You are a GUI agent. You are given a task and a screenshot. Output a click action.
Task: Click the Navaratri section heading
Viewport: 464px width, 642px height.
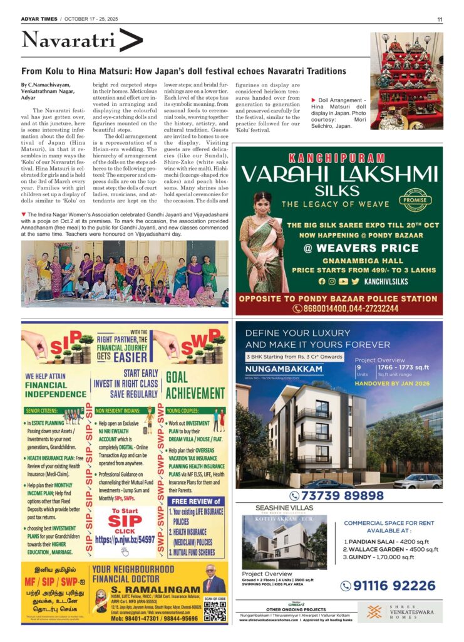[68, 41]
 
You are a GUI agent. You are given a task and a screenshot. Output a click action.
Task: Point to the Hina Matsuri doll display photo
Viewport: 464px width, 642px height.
[406, 81]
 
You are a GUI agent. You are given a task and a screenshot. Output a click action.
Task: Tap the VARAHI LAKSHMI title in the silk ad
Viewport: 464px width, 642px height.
[339, 174]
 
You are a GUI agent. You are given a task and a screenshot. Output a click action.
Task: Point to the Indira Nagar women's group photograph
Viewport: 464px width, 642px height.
[125, 273]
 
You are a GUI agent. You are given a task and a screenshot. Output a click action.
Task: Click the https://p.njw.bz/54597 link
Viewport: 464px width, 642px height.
[125, 539]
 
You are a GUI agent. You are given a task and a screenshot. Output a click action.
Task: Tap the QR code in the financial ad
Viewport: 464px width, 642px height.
[214, 611]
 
